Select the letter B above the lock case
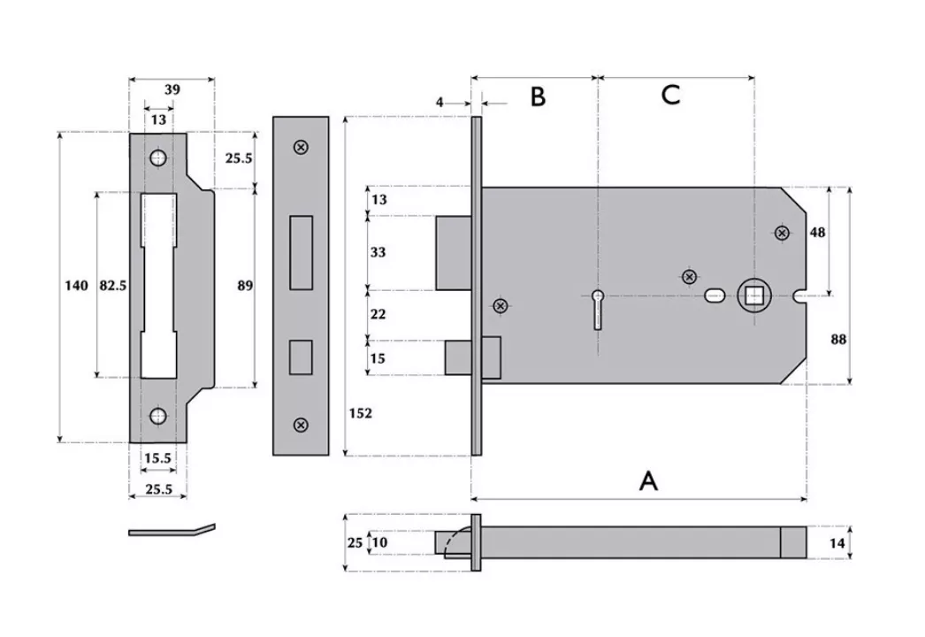pos(538,96)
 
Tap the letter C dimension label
pos(670,95)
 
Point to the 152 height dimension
pos(361,413)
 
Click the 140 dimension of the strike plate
pos(77,285)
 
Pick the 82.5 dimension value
pos(112,285)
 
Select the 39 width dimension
pos(172,89)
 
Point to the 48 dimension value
pos(817,232)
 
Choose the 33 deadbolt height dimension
pos(378,252)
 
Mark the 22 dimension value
pos(378,314)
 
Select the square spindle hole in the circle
pos(753,295)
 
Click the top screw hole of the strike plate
pos(158,158)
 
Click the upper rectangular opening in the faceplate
pos(301,251)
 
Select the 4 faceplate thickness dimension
pos(440,103)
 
